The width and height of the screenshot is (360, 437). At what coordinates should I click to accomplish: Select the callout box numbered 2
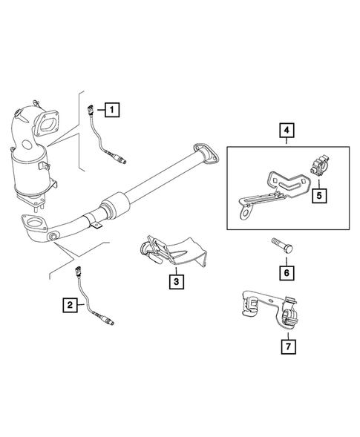[x=69, y=304]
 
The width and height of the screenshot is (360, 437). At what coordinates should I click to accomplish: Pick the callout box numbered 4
[x=287, y=132]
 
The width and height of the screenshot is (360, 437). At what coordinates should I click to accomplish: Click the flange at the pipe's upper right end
[x=203, y=152]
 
